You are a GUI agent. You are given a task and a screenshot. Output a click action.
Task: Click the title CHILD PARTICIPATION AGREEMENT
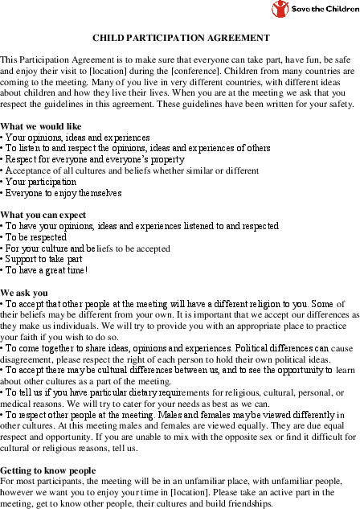pos(181,38)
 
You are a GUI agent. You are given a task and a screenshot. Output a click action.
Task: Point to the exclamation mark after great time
pos(86,271)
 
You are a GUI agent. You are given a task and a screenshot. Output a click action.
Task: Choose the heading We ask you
pos(24,293)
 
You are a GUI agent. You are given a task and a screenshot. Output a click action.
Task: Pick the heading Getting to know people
pos(47,469)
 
